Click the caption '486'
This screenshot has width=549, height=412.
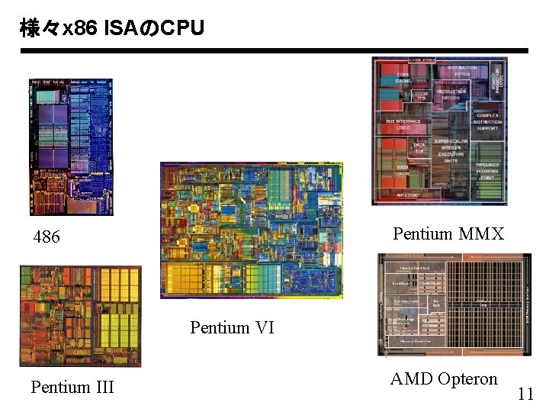[47, 237]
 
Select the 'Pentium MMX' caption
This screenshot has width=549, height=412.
[448, 233]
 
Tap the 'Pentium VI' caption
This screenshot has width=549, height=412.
[232, 327]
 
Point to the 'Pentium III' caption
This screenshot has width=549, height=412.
[72, 387]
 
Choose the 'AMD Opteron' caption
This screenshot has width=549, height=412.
[443, 378]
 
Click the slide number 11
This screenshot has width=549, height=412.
[525, 394]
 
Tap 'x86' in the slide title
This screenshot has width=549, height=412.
[79, 29]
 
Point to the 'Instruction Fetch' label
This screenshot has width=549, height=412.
[462, 71]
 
